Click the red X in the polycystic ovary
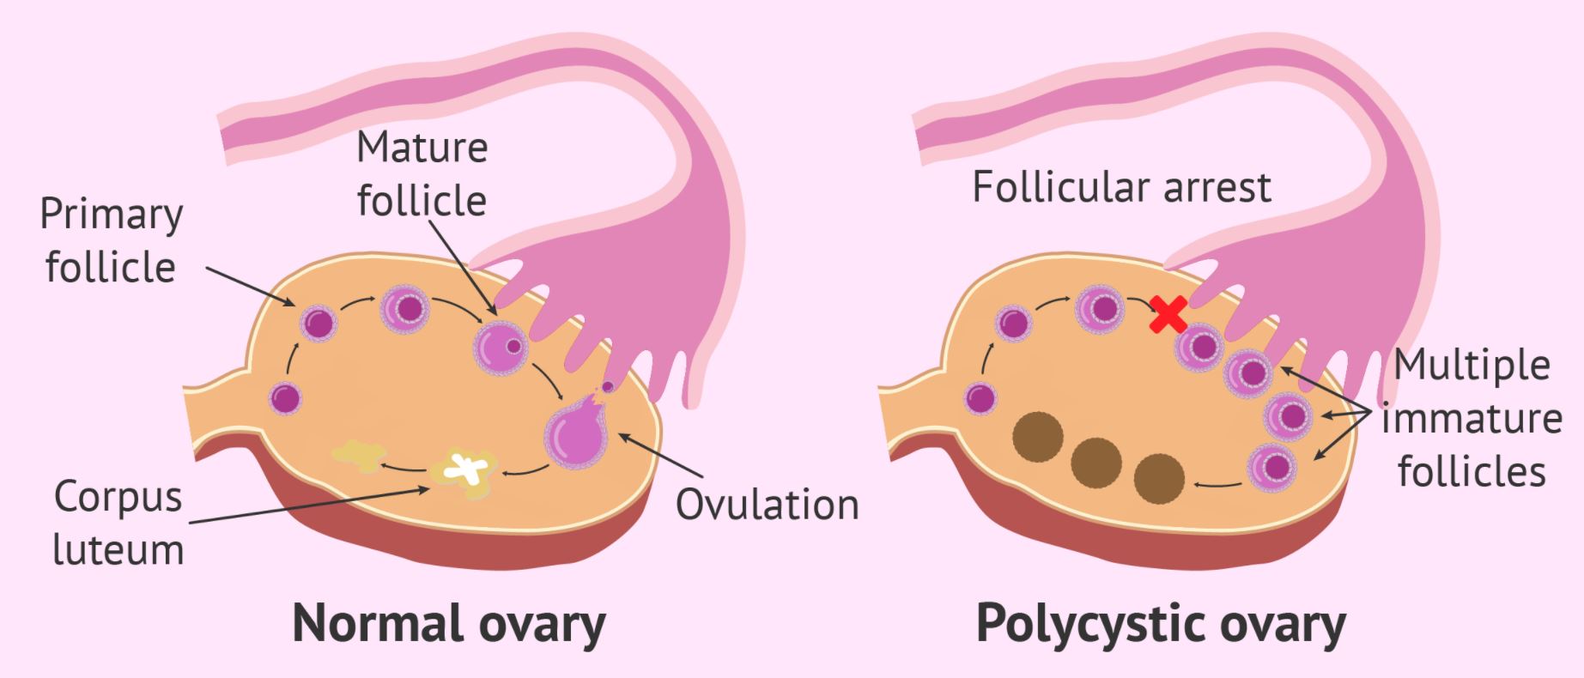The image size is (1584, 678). click(1168, 314)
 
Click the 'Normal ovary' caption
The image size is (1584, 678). click(449, 624)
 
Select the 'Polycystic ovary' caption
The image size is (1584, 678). click(1161, 624)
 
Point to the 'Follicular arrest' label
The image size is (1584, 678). click(1121, 187)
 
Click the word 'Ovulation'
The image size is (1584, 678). click(767, 505)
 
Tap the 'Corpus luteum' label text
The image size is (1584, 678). click(118, 523)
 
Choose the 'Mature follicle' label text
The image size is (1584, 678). click(422, 174)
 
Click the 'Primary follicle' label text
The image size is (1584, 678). click(111, 240)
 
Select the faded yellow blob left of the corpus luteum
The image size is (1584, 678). click(355, 456)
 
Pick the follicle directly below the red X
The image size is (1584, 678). click(1199, 347)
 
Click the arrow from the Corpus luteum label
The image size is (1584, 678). click(309, 505)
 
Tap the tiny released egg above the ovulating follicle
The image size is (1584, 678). click(608, 386)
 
